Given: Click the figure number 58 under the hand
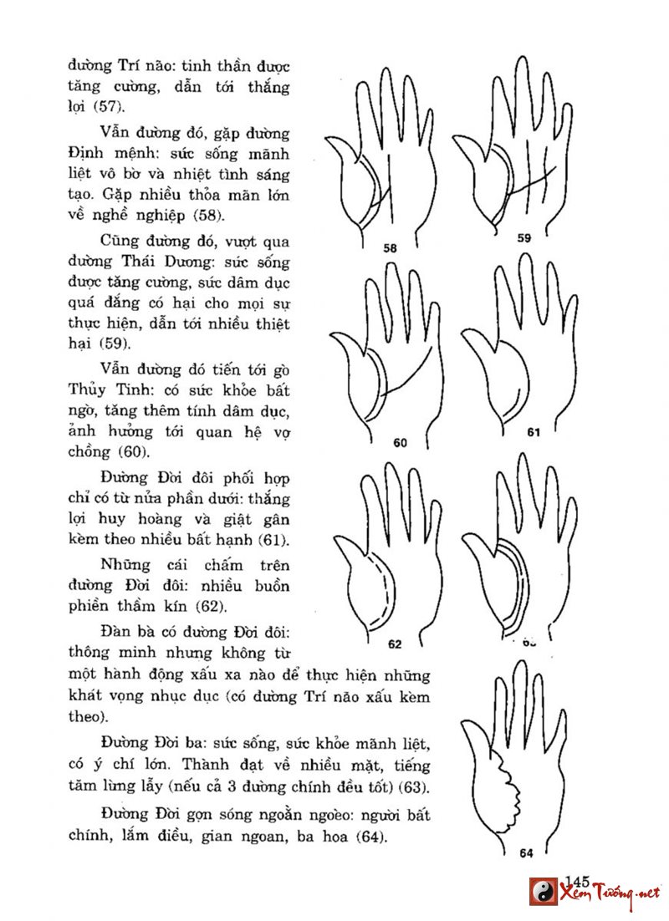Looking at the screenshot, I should [391, 248].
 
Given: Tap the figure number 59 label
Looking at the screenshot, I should [524, 238].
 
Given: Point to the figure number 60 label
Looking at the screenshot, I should [399, 444].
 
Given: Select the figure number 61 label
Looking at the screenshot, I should [534, 433].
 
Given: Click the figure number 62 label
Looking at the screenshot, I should [396, 644].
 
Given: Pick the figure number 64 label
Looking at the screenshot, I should [526, 853].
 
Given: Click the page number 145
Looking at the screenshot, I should [578, 880].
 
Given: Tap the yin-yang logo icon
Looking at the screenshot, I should [544, 892].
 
